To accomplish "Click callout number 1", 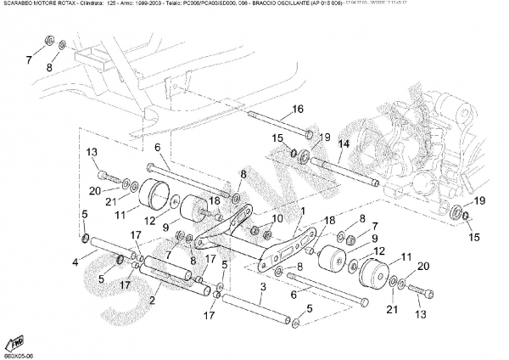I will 302,210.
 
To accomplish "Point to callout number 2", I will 152,300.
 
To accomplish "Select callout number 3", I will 264,289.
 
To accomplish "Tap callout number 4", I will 76,262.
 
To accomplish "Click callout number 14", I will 344,144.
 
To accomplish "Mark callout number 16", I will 298,109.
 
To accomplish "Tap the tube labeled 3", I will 259,307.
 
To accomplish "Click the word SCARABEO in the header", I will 18,5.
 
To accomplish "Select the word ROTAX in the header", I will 68,5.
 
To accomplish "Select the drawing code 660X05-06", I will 18,355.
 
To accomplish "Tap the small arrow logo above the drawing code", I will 15,341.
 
